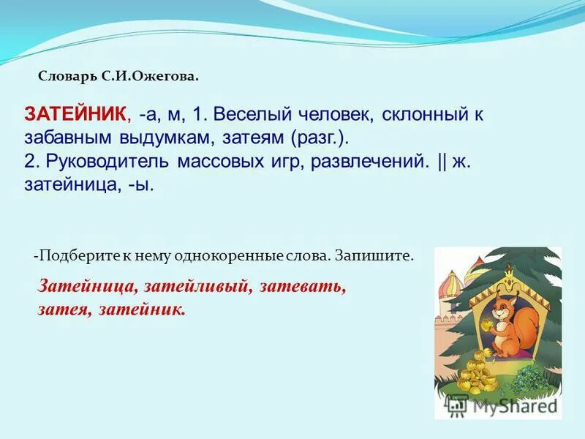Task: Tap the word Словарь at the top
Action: [64, 76]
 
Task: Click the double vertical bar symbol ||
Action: [442, 161]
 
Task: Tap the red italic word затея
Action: [61, 309]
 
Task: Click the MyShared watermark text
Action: [512, 405]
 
